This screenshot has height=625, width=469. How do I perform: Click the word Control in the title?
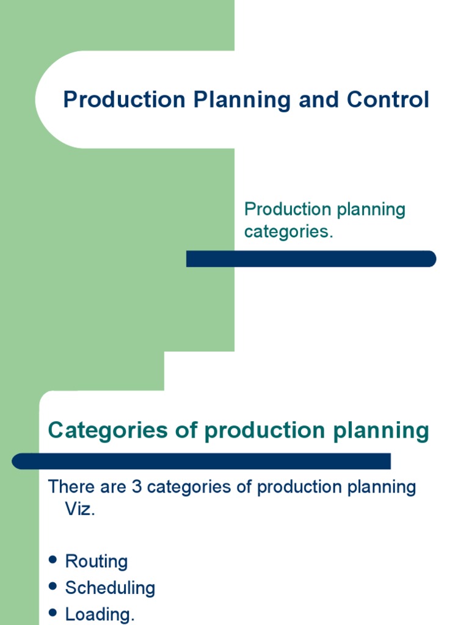click(388, 100)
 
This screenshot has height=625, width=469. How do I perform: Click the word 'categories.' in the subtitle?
click(289, 233)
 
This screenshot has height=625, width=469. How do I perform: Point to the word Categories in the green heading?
click(100, 431)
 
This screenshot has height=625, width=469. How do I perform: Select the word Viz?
click(80, 510)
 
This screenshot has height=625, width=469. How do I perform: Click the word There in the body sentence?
click(72, 487)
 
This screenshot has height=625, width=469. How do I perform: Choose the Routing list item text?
click(96, 562)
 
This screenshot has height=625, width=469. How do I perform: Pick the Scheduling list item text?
click(111, 588)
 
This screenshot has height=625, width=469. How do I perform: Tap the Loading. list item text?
click(100, 615)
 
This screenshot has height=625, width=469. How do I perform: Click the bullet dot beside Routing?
click(53, 560)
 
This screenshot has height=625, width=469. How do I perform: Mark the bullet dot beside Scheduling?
click(53, 587)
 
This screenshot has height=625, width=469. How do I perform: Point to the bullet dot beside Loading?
click(53, 613)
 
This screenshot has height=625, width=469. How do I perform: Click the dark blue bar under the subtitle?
click(311, 259)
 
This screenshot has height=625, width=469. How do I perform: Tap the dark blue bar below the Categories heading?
click(202, 461)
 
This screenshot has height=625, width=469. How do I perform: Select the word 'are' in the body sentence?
click(113, 487)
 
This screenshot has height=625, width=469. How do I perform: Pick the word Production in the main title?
click(125, 100)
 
